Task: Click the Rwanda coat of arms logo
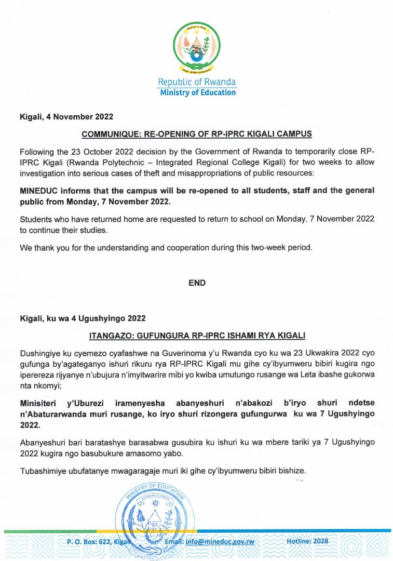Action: point(197,48)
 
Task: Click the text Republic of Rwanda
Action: point(197,82)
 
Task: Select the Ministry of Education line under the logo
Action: point(197,92)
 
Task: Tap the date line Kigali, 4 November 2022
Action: point(66,116)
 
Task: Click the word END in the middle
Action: point(197,283)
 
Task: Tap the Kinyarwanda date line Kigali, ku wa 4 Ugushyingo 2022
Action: point(83,318)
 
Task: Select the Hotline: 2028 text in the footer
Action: point(307,541)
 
